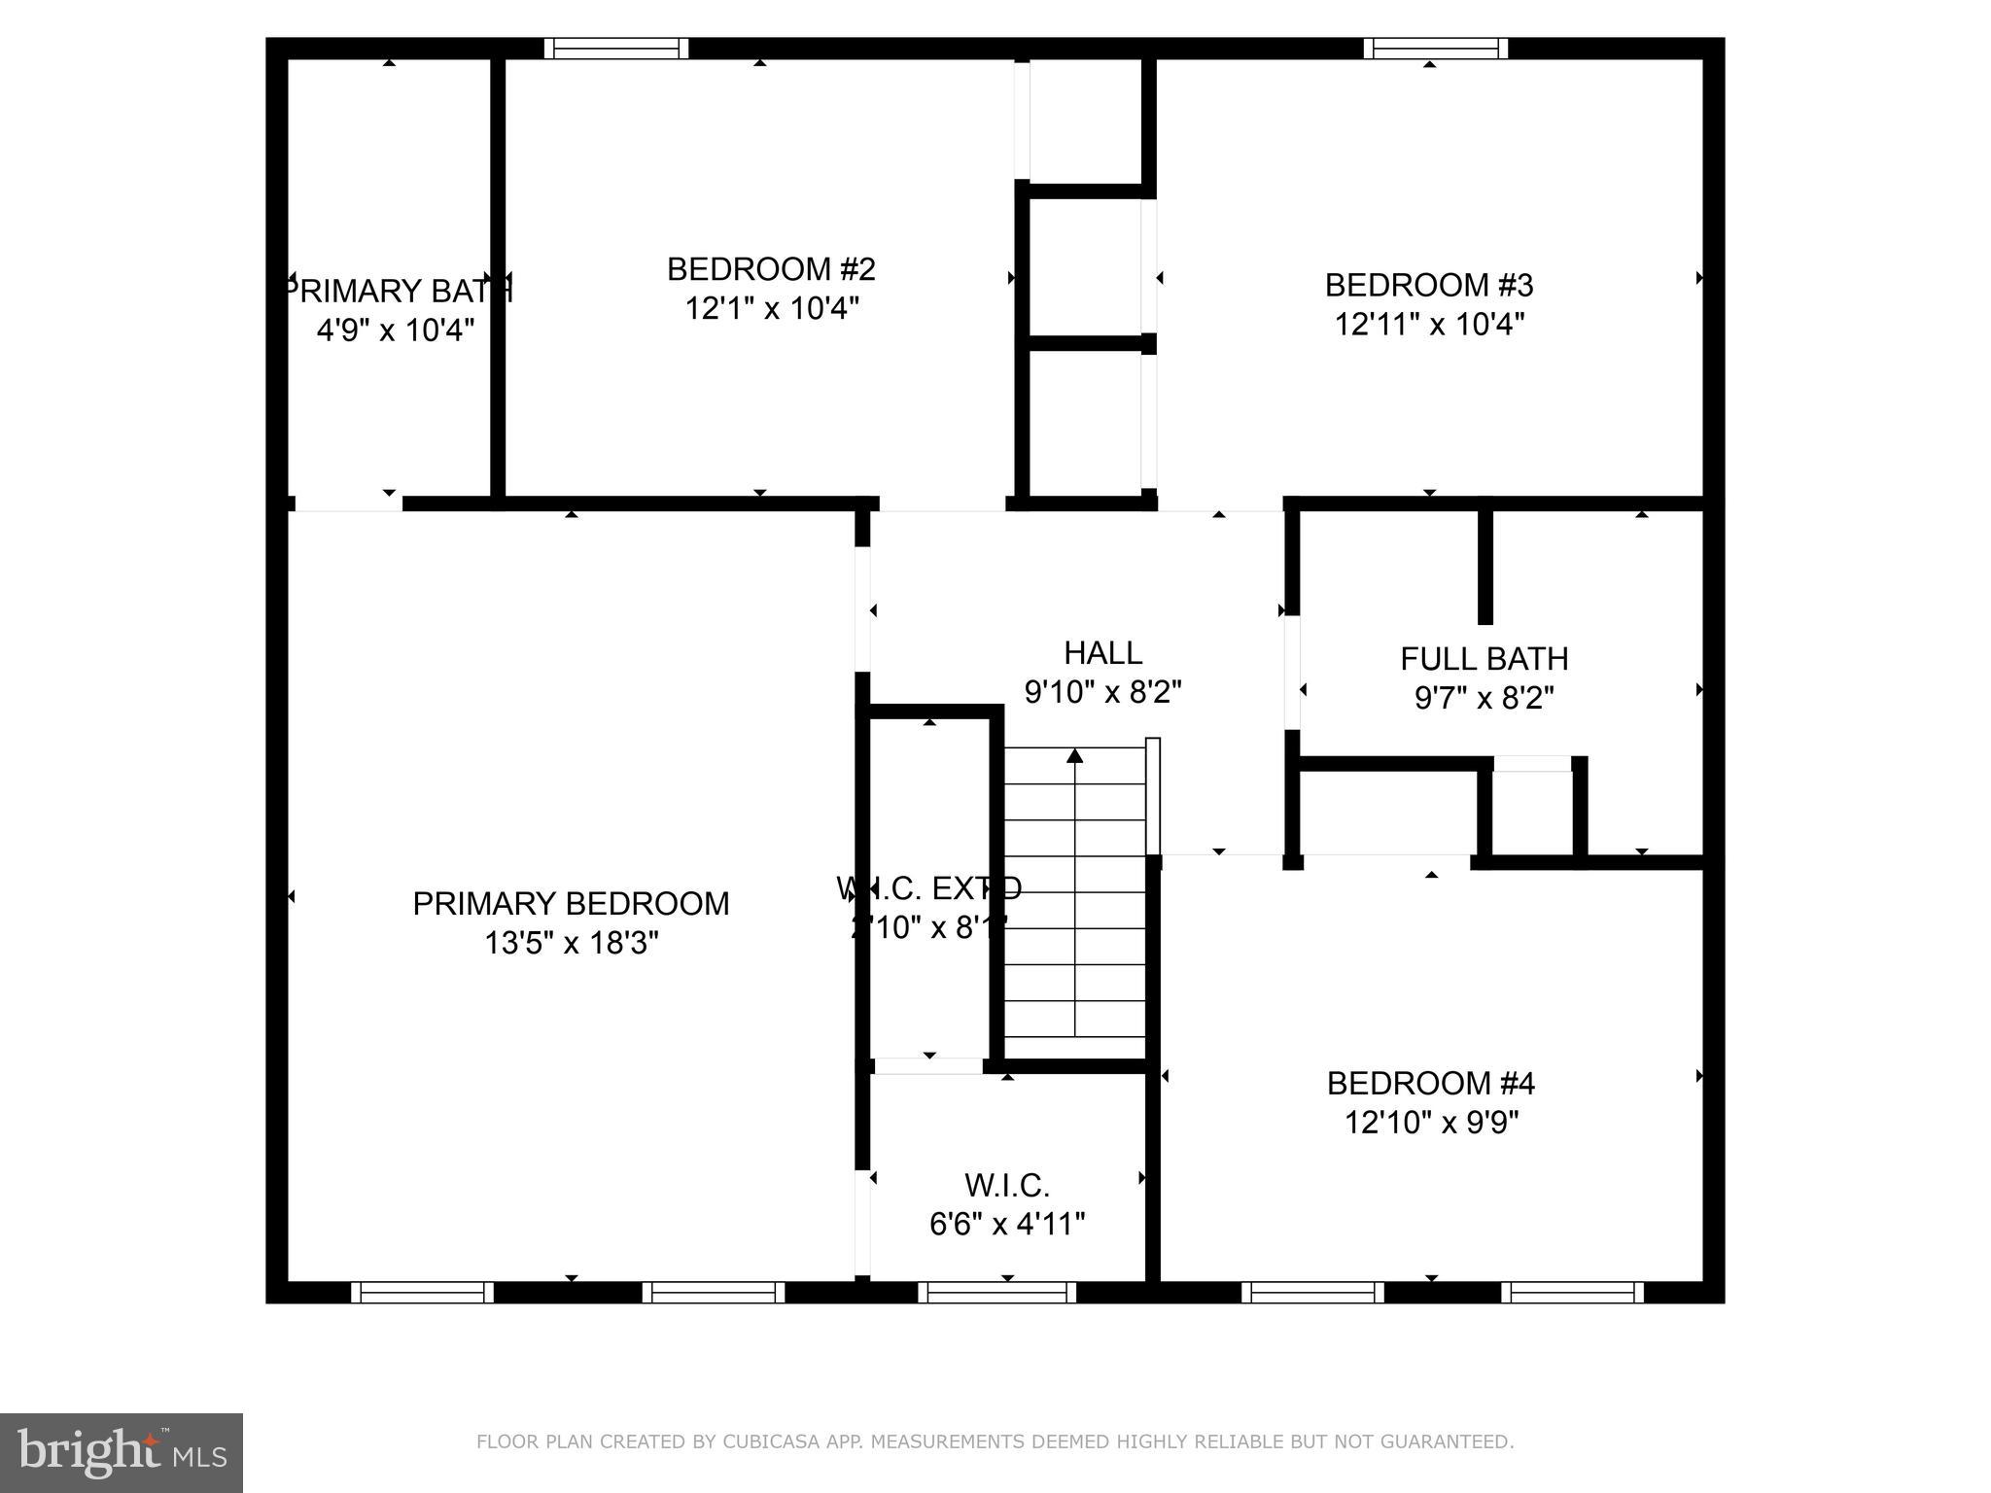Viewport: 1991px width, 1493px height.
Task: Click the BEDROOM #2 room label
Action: coord(771,269)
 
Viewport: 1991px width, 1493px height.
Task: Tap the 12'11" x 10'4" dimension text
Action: coord(1429,324)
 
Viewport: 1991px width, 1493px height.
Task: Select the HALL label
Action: coord(1102,652)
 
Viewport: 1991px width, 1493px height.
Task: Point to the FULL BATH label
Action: coord(1484,659)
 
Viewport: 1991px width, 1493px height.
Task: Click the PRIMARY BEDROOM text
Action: coord(571,904)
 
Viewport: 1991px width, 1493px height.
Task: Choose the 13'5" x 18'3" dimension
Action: coord(572,943)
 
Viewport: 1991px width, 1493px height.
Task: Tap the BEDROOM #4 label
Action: coord(1430,1083)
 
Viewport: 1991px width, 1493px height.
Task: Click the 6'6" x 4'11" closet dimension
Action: coord(1007,1224)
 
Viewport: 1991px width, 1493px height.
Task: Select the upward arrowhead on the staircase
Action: coord(1074,755)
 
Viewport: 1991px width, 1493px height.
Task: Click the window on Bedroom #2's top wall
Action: coord(615,49)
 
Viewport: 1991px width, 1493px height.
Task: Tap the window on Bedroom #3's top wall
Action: coord(1435,49)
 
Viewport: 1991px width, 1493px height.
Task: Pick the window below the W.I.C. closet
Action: coord(996,1293)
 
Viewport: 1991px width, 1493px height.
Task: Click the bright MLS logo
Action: coord(122,1453)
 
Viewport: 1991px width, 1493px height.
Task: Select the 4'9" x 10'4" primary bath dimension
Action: coord(396,330)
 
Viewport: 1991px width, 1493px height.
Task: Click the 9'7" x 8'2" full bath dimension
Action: coord(1484,698)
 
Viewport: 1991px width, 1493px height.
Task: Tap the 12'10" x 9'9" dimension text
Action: coord(1431,1123)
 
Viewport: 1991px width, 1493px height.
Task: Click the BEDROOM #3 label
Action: coord(1429,285)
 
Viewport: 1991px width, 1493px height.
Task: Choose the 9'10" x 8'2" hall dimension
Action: coord(1102,692)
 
